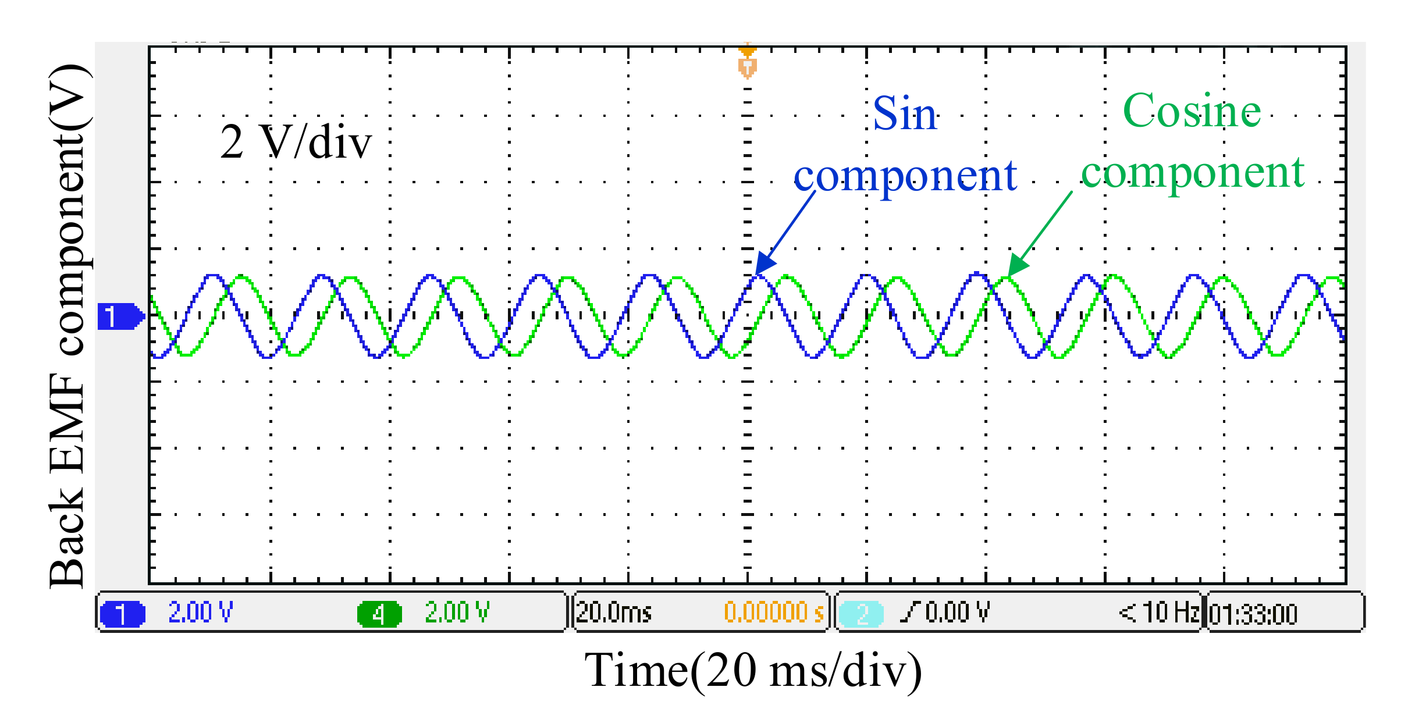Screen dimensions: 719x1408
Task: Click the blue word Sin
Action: [x=905, y=114]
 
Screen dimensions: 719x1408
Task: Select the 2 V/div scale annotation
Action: [x=296, y=142]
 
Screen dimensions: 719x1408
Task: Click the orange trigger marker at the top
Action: [x=747, y=61]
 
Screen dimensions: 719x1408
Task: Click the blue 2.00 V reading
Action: [x=200, y=613]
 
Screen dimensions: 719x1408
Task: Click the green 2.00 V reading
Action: [x=457, y=613]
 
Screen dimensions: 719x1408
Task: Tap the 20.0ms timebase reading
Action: [x=614, y=613]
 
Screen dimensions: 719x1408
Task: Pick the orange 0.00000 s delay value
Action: [x=774, y=613]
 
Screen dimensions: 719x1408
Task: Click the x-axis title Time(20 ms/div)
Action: [x=753, y=671]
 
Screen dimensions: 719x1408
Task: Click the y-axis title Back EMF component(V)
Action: [x=69, y=326]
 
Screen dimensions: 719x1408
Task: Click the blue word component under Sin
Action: [x=905, y=176]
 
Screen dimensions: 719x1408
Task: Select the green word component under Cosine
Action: [x=1193, y=173]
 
